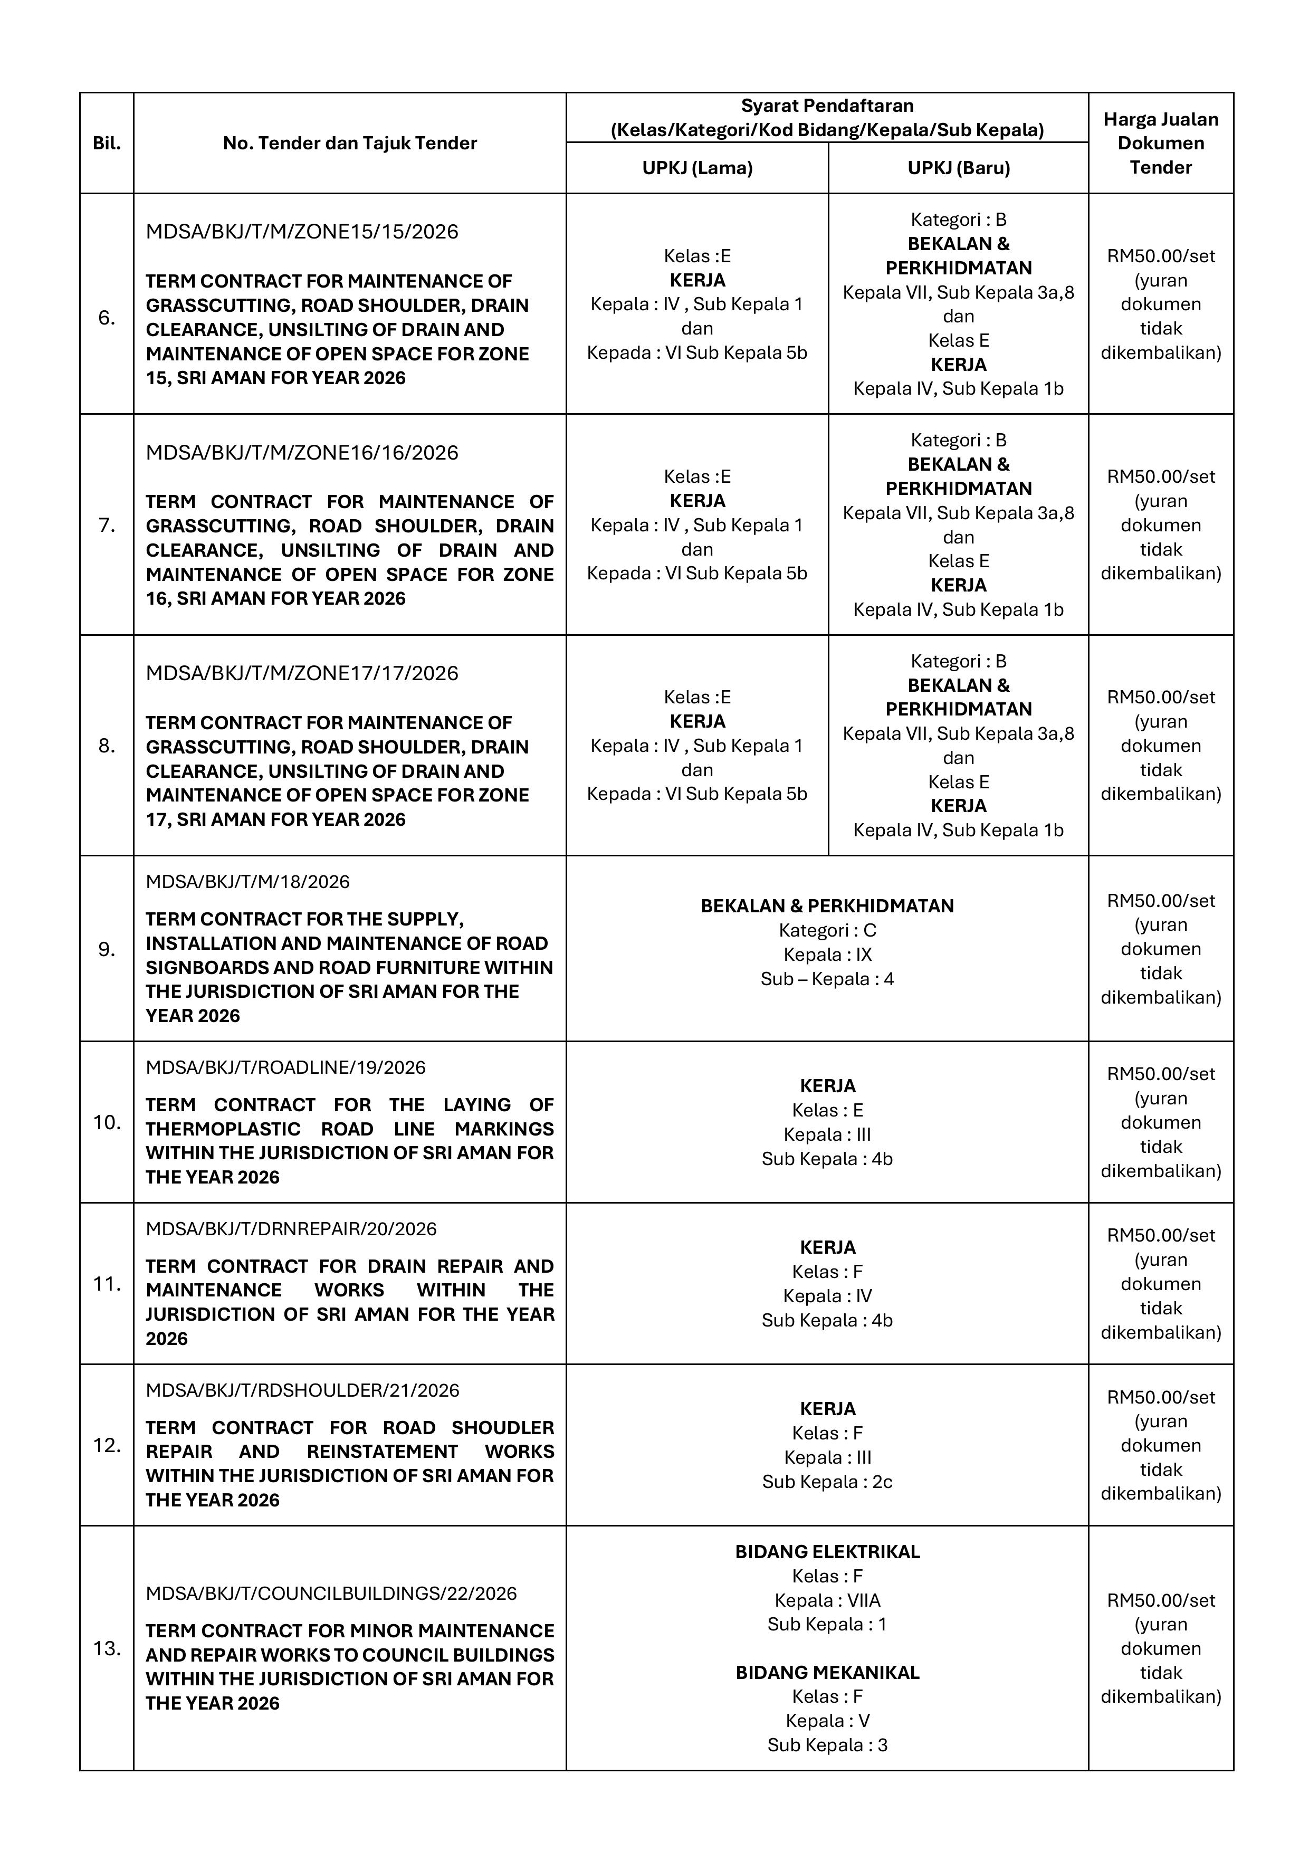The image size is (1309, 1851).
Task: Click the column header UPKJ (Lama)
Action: click(697, 168)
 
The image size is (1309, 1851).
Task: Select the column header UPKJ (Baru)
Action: click(958, 168)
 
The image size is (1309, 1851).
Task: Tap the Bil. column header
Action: click(107, 144)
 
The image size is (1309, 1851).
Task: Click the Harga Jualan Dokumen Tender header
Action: click(1161, 144)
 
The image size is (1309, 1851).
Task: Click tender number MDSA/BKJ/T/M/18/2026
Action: click(247, 882)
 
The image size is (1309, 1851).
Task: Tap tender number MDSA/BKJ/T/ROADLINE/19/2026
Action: click(285, 1067)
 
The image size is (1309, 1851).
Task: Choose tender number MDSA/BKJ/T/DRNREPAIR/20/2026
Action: click(291, 1228)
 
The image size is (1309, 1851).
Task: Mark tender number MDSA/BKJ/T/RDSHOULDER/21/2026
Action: click(302, 1390)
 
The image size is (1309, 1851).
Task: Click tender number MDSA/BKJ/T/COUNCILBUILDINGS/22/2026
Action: click(331, 1593)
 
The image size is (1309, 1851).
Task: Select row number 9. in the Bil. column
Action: click(107, 950)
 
